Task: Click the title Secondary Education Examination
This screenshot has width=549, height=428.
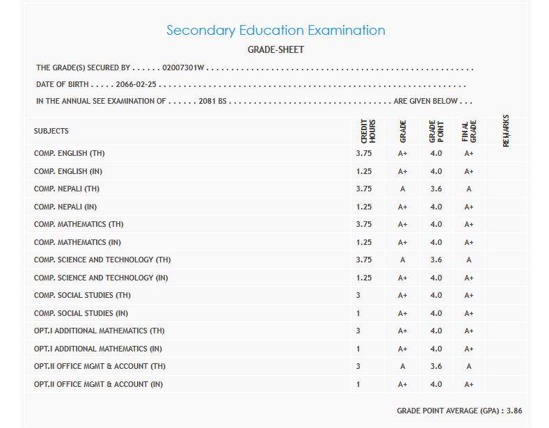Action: (276, 31)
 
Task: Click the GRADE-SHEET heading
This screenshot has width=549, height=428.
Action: (276, 50)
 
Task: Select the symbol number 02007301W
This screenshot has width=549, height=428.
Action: (184, 68)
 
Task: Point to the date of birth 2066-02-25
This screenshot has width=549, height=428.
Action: (136, 84)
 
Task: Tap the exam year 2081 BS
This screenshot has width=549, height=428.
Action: (213, 101)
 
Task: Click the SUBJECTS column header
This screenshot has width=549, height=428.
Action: (51, 131)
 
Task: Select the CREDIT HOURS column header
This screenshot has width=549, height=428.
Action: (368, 131)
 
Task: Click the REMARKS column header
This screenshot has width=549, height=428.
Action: (506, 130)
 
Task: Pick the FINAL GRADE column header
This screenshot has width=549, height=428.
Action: (469, 131)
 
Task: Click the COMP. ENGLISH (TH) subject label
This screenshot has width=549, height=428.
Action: (70, 153)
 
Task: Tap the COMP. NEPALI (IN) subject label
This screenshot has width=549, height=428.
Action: (65, 207)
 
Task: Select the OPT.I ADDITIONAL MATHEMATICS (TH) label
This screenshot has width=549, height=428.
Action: (100, 331)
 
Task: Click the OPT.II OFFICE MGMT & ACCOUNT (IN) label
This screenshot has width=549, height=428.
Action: (98, 384)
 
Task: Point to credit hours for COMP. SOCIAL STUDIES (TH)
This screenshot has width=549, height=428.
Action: (358, 295)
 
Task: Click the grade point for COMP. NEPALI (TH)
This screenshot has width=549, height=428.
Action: (436, 189)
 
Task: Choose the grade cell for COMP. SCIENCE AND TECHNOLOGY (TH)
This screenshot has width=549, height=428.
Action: (402, 260)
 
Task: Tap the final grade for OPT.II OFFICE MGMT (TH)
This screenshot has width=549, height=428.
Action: (469, 366)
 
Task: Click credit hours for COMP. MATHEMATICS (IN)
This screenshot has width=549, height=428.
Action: (364, 242)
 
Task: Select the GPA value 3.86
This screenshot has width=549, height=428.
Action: (514, 411)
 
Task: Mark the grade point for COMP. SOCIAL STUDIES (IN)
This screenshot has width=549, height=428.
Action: (436, 313)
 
